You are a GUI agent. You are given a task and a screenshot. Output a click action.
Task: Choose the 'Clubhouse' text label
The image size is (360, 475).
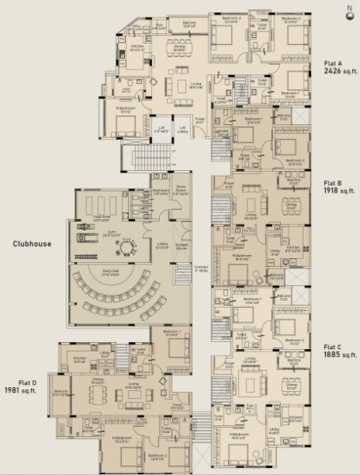pyautogui.click(x=32, y=245)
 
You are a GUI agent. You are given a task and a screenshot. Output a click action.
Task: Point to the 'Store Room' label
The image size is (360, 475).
pyautogui.click(x=180, y=191)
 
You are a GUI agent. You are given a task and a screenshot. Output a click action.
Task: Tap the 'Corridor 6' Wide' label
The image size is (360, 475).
pyautogui.click(x=201, y=270)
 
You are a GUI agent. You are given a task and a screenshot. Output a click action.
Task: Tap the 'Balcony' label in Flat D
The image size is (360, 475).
pyautogui.click(x=59, y=393)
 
